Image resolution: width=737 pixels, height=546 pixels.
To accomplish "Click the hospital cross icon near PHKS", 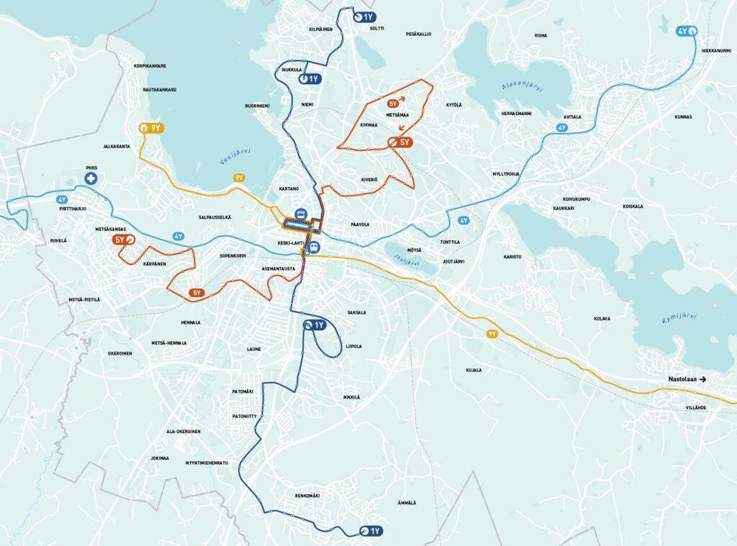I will point(91,176).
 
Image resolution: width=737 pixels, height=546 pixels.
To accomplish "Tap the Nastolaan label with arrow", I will point(687,379).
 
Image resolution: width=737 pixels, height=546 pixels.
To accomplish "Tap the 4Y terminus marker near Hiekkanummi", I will point(687,32).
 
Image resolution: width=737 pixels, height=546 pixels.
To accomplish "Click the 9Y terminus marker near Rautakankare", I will point(152,128).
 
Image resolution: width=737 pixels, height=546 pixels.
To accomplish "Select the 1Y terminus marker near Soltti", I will point(365,17).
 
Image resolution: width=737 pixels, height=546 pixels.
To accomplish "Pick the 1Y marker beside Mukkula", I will point(309,78).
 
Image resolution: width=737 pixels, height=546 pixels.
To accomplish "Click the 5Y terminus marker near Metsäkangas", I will point(124,240).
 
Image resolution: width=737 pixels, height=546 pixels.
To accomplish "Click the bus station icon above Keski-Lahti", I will point(300,214).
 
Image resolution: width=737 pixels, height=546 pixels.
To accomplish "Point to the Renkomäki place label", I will point(307,496).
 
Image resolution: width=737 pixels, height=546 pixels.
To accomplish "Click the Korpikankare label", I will point(150,65).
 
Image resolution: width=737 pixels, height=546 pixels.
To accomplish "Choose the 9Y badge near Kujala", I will point(492,334).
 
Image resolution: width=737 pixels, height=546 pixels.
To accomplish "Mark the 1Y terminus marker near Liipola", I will point(315,325).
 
